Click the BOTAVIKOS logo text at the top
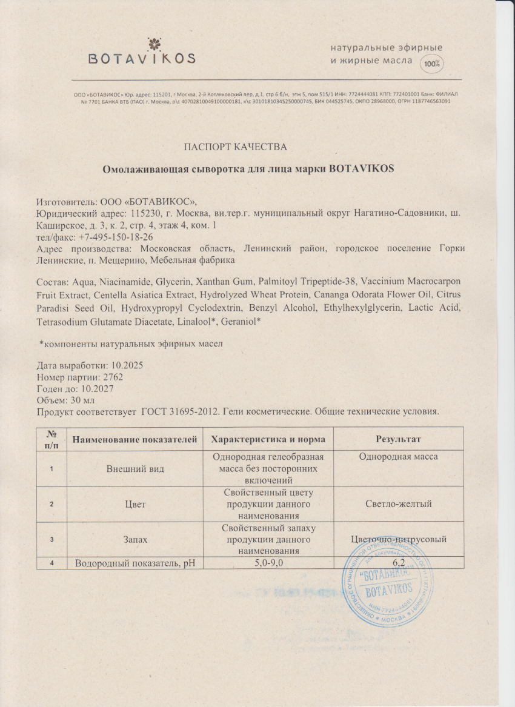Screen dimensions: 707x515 [142, 59]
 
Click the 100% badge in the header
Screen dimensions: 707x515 [432, 63]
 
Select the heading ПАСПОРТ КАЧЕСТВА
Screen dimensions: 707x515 [235, 147]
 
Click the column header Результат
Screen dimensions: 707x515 [398, 439]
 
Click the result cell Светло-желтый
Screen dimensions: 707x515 [398, 504]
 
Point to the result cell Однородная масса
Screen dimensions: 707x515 [398, 457]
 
